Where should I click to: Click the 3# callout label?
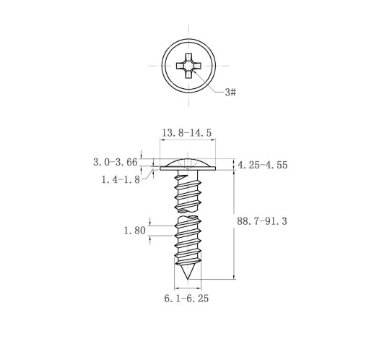coord(230,93)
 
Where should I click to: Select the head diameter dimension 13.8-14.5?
coord(186,133)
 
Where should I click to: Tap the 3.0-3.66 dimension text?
coord(116,162)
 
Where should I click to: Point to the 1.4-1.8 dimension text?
coord(121,179)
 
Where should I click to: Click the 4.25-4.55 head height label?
coord(263,165)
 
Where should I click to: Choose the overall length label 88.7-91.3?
coord(262,221)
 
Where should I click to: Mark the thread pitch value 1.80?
coord(134,231)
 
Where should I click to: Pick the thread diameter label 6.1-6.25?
coord(186,299)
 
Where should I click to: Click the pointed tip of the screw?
coord(188,279)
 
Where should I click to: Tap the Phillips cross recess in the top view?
coord(188,66)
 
